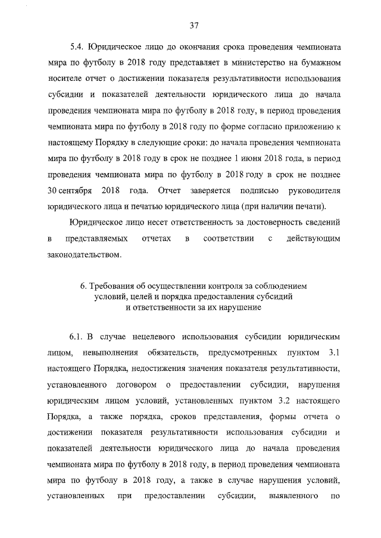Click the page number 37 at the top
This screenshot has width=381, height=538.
tap(193, 25)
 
